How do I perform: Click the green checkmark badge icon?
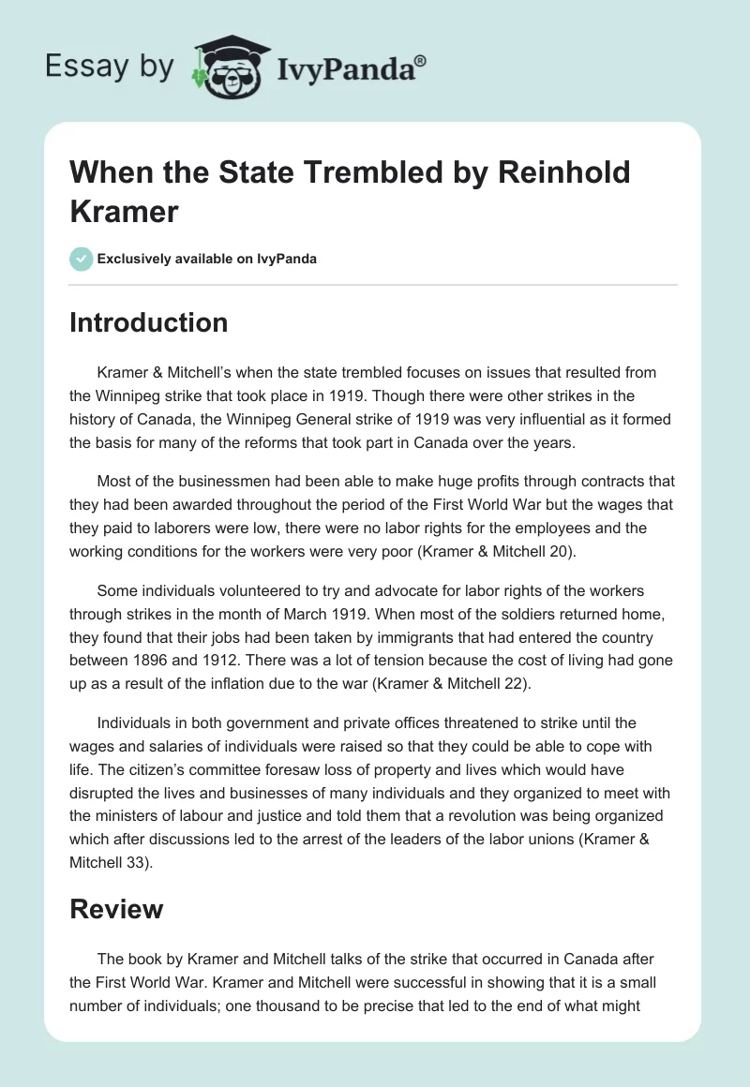click(82, 259)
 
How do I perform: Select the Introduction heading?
click(149, 323)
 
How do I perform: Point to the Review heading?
click(117, 909)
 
